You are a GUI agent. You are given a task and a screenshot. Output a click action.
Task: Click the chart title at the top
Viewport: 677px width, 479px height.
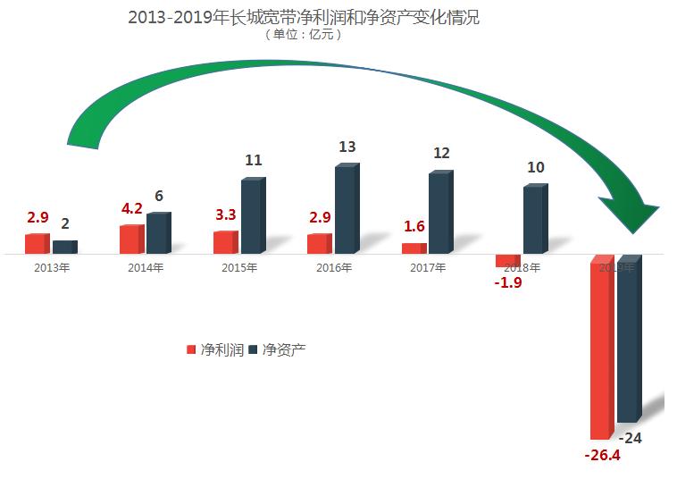click(303, 17)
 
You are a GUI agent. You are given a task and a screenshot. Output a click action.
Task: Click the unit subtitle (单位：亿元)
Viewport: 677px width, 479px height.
click(303, 36)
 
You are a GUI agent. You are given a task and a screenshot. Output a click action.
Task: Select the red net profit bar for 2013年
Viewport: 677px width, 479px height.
click(37, 244)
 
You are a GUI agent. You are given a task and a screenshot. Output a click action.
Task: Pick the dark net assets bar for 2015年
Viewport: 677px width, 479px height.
click(253, 217)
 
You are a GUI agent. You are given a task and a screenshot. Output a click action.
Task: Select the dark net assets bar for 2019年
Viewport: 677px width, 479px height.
click(629, 339)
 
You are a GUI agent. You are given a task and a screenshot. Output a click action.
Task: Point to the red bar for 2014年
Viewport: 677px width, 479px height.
click(131, 239)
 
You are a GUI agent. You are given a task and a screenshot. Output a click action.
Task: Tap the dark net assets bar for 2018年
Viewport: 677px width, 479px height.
click(534, 220)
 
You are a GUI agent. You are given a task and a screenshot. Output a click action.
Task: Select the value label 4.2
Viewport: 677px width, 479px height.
click(131, 209)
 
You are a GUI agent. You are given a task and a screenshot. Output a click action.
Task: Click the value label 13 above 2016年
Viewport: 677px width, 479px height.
click(347, 147)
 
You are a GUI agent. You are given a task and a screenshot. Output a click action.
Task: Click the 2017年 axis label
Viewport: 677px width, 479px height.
click(428, 267)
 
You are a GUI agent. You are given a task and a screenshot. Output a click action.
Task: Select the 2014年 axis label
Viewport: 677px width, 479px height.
click(146, 267)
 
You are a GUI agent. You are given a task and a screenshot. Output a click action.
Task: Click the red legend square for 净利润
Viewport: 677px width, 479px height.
click(190, 349)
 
